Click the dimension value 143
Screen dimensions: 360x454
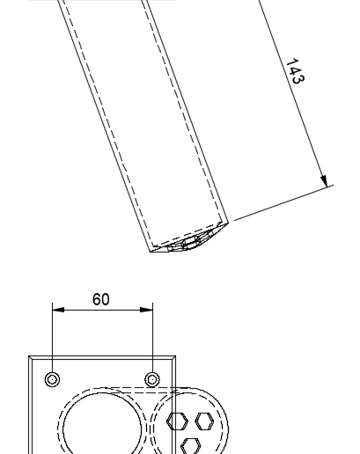[295, 71]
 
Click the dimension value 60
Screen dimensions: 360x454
[101, 299]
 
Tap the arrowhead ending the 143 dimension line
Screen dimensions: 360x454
[324, 181]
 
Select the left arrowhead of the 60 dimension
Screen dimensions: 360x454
[58, 310]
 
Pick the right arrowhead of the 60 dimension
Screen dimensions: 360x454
[147, 310]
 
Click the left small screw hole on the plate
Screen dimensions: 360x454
[53, 379]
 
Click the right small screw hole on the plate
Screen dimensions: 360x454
[152, 379]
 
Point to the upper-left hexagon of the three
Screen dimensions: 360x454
[177, 421]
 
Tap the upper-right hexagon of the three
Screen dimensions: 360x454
[204, 421]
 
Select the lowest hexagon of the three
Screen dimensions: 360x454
[190, 446]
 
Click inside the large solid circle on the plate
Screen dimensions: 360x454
[102, 429]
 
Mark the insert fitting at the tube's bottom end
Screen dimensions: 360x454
[191, 242]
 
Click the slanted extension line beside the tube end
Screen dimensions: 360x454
[283, 202]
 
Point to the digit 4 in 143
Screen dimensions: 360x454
[295, 71]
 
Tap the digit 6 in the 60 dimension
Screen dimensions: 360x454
[97, 299]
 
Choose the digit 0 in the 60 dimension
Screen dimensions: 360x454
[106, 299]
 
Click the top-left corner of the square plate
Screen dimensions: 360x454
[29, 356]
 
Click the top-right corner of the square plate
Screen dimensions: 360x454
[176, 356]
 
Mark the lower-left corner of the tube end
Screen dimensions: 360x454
[151, 252]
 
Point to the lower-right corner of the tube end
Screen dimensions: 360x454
[228, 223]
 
